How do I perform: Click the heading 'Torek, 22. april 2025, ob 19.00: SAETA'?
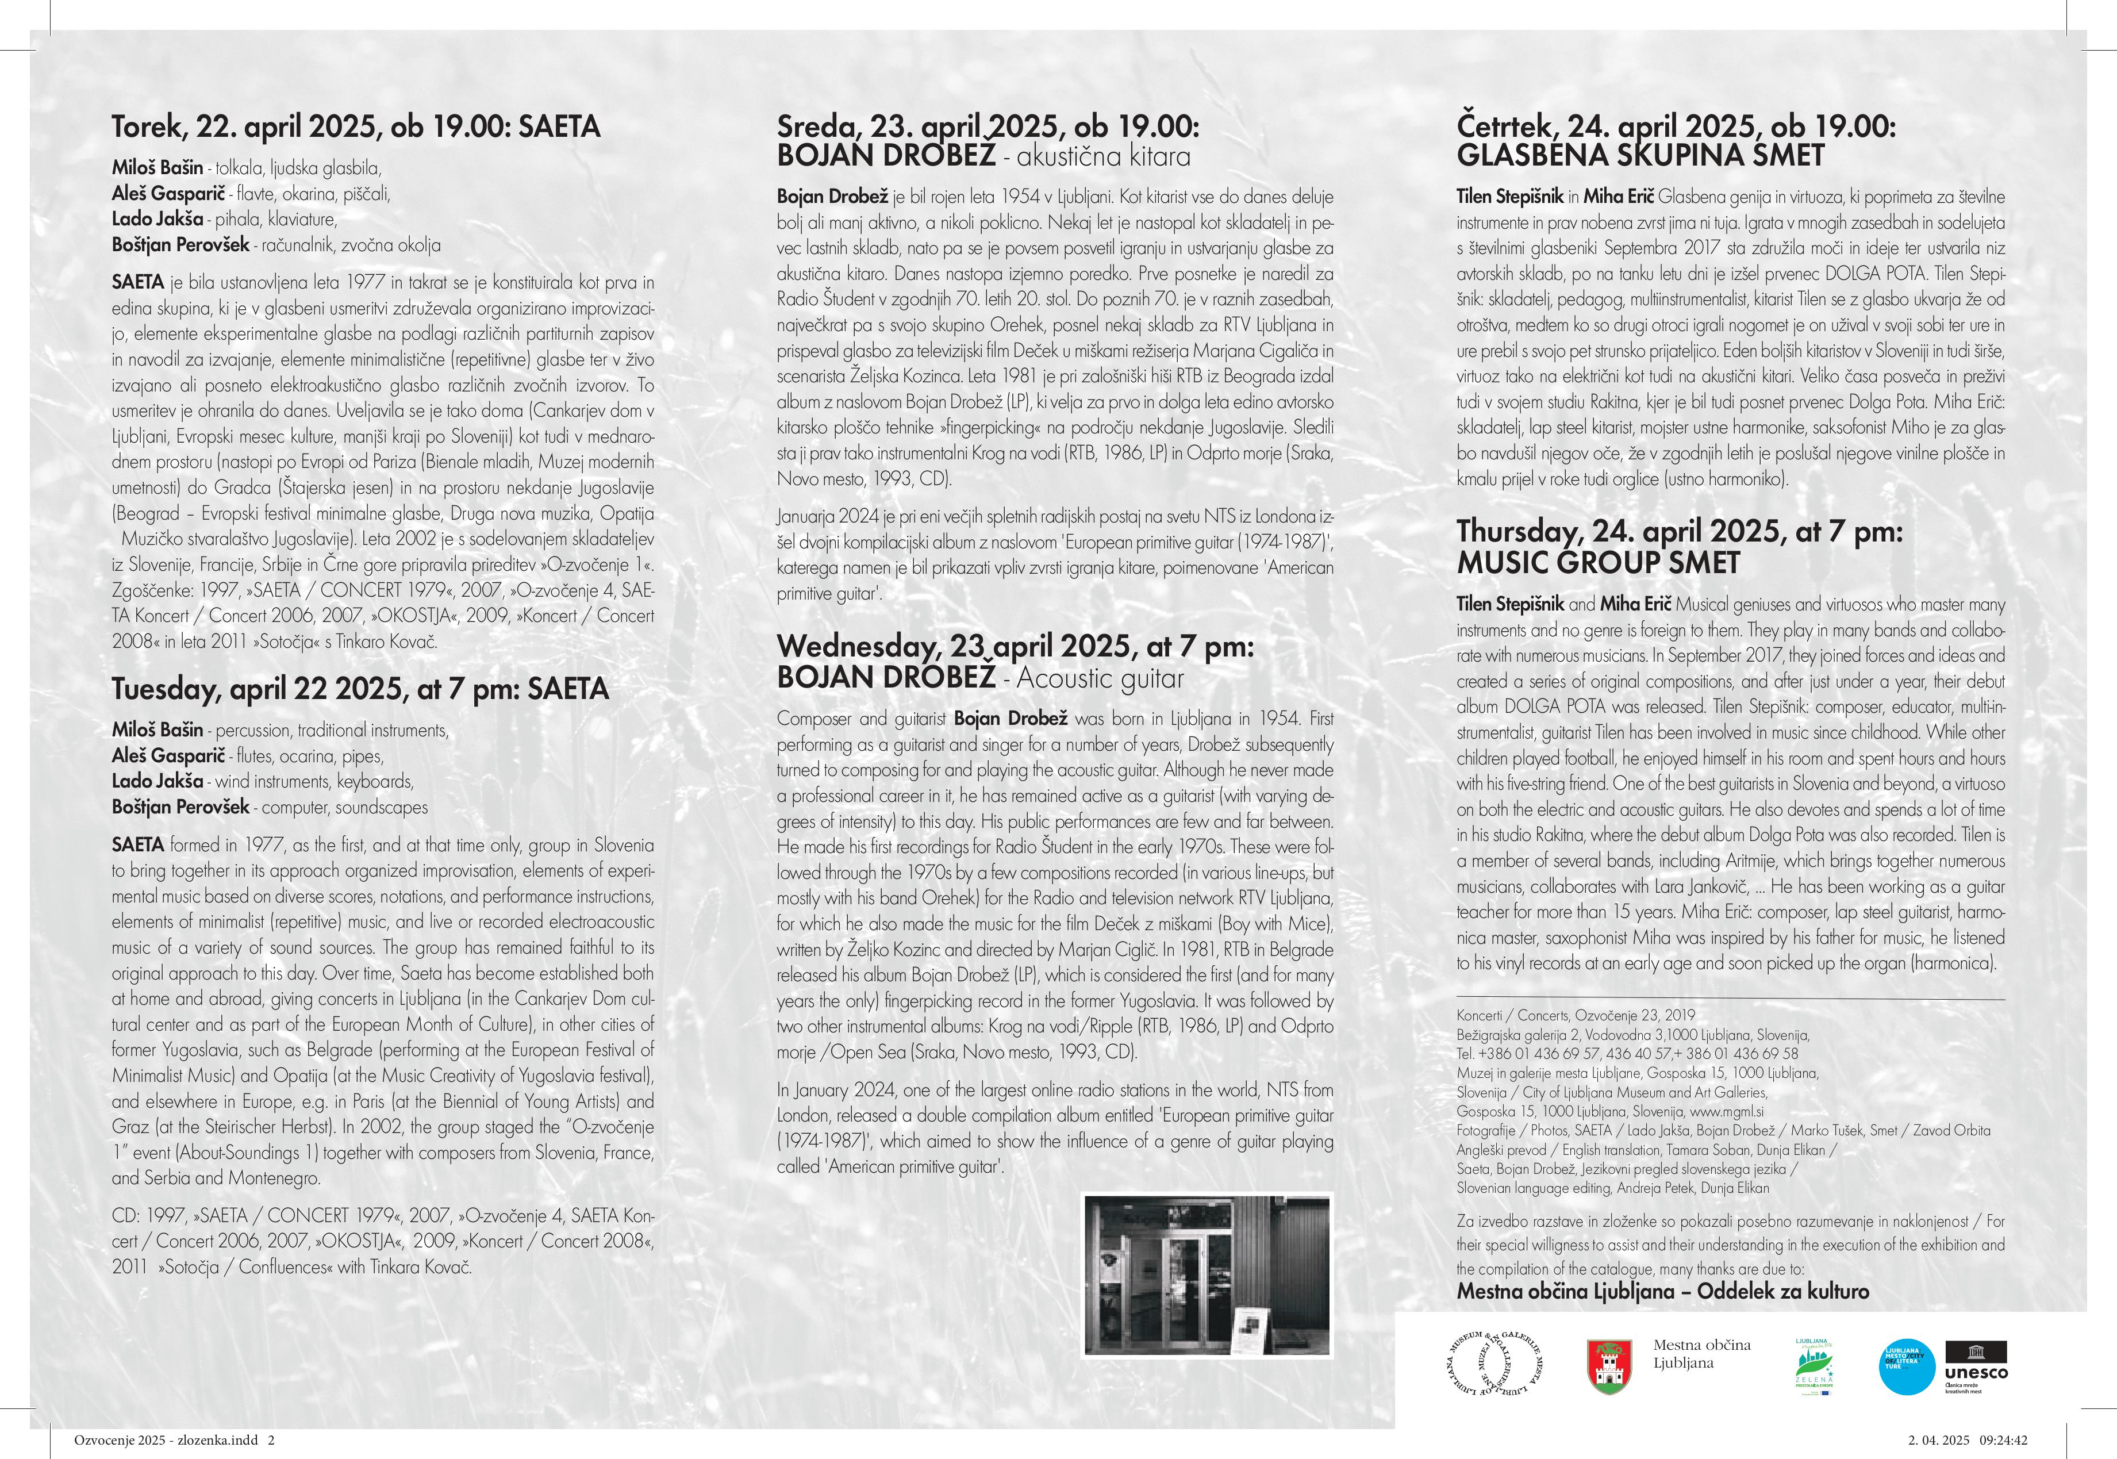[x=356, y=126]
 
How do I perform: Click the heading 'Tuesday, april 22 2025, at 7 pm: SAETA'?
[x=359, y=688]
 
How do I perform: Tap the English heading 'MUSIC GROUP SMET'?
[x=1598, y=562]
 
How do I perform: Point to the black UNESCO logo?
[x=1976, y=1362]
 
